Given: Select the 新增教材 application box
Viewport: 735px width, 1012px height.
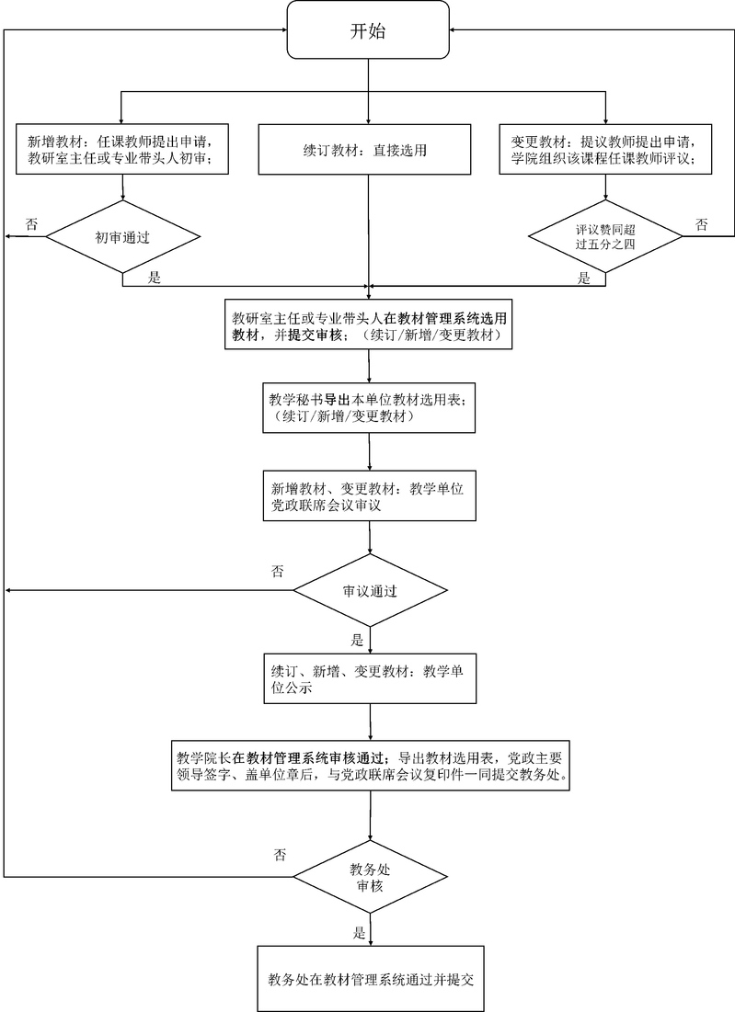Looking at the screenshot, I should (123, 149).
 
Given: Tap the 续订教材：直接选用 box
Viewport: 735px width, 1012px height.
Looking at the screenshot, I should (368, 149).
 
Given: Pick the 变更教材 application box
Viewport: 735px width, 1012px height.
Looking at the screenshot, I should (605, 149).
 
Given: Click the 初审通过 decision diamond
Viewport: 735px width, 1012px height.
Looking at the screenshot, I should (123, 237).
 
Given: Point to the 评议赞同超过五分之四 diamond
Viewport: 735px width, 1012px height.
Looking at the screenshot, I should (605, 237).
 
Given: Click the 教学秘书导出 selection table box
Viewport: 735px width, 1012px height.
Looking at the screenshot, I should (368, 408).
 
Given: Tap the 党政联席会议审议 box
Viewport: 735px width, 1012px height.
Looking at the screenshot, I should (368, 496).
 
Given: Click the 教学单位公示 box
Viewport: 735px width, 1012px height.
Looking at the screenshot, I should (368, 678).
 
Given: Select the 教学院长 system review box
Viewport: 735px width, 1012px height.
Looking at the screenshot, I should (368, 765).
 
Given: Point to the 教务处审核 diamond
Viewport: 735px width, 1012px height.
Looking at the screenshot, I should (368, 877).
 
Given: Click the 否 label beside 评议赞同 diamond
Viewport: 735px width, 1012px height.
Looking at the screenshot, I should (701, 224).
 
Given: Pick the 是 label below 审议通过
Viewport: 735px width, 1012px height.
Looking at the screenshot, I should (358, 640).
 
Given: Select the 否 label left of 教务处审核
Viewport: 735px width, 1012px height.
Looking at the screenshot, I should (280, 855).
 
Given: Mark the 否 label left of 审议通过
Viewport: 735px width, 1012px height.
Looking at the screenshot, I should (278, 571).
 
